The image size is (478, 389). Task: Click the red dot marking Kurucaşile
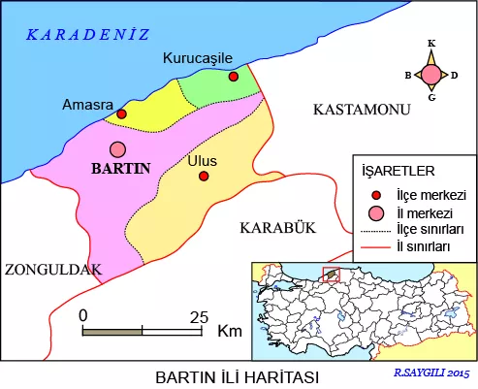pyautogui.click(x=233, y=77)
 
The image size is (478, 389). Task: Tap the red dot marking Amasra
pyautogui.click(x=121, y=113)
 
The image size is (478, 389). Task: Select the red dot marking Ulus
pyautogui.click(x=204, y=176)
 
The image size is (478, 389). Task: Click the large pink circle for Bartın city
pyautogui.click(x=118, y=148)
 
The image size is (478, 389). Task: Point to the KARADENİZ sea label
pyautogui.click(x=87, y=35)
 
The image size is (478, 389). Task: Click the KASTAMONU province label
pyautogui.click(x=357, y=112)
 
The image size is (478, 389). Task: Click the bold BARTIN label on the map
pyautogui.click(x=119, y=168)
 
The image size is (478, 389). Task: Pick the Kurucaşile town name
pyautogui.click(x=200, y=59)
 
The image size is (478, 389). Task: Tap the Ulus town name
pyautogui.click(x=202, y=159)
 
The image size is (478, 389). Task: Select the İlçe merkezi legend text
pyautogui.click(x=430, y=194)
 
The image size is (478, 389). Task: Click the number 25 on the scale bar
pyautogui.click(x=200, y=315)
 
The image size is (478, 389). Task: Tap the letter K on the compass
pyautogui.click(x=430, y=44)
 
